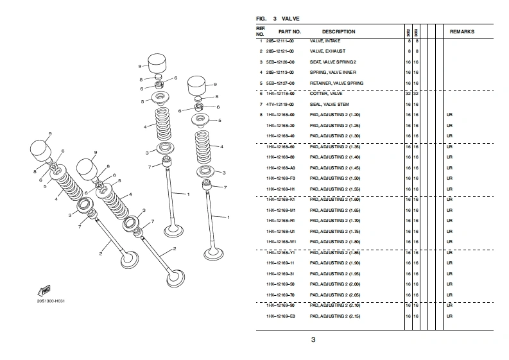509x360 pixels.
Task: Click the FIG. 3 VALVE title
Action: pos(277,19)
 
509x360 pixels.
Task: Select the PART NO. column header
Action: pos(289,31)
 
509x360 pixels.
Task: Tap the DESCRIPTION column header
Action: pos(338,31)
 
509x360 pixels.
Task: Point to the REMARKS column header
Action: pos(462,31)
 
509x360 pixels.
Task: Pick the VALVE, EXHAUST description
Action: pos(327,51)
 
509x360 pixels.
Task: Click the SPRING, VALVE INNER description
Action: pos(333,73)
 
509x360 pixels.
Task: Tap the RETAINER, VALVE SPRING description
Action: pos(336,83)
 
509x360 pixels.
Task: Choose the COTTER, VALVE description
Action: pos(326,94)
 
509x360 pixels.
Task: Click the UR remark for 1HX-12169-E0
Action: pos(449,316)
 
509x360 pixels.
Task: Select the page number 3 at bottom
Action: pos(314,340)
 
